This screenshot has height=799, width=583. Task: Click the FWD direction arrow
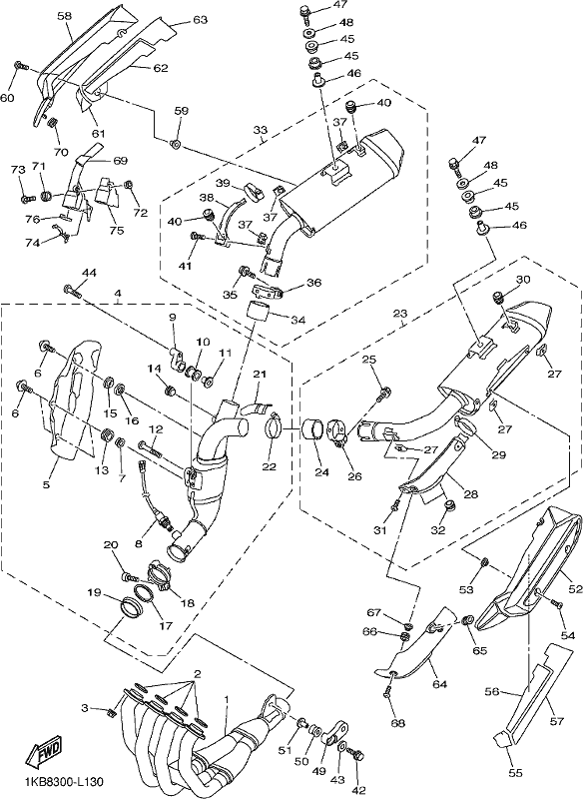tap(44, 753)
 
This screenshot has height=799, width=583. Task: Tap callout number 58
tap(64, 16)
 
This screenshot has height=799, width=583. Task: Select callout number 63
tap(200, 20)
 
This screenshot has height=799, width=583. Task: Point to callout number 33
tap(260, 131)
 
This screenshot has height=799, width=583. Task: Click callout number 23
tap(400, 314)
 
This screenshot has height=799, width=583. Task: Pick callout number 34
tap(297, 321)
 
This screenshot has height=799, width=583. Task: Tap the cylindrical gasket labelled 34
tap(259, 312)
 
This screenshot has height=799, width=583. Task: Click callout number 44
tap(89, 273)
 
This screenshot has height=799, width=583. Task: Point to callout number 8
tap(139, 543)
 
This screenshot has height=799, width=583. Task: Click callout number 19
tap(94, 592)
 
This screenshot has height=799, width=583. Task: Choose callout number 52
tap(575, 589)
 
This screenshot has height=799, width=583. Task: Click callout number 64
tap(439, 684)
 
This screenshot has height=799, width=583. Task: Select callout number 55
tap(515, 773)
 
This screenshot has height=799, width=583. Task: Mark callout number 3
tap(86, 708)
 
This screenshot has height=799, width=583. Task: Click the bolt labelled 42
tap(358, 755)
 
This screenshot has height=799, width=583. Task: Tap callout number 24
tap(321, 472)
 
